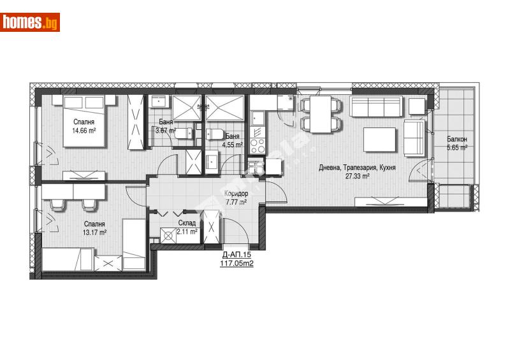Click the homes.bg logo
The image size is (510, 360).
(31, 22)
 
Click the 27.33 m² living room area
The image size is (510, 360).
(357, 176)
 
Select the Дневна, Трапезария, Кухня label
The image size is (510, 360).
(348, 168)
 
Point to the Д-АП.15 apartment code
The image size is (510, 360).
(235, 254)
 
